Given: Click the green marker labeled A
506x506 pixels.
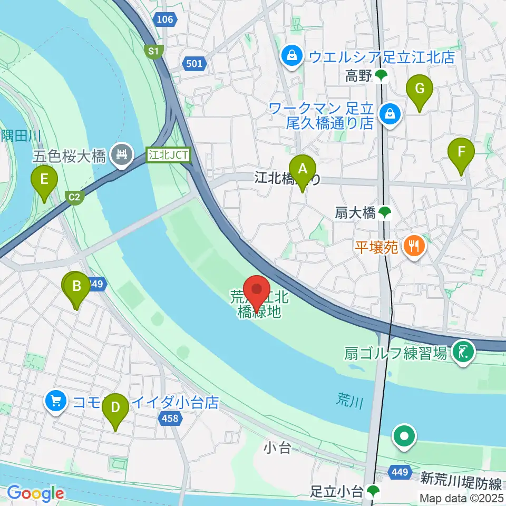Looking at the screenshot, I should [x=303, y=170].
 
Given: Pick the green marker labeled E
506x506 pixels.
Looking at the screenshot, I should [x=45, y=180].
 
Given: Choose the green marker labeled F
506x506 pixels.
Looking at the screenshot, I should [x=461, y=153].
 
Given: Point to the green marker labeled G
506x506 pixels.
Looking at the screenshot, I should [x=420, y=89].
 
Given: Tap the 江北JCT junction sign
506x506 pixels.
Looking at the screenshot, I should [x=169, y=155].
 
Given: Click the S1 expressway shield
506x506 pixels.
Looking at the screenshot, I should [x=153, y=51].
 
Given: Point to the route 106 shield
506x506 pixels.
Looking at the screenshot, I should [x=164, y=20].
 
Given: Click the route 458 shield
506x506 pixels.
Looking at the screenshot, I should [x=171, y=419].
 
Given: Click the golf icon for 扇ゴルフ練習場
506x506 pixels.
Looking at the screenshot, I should [x=463, y=351].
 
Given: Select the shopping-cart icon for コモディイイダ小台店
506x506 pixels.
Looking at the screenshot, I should [x=56, y=401].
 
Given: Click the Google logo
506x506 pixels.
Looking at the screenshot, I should [x=35, y=493].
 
